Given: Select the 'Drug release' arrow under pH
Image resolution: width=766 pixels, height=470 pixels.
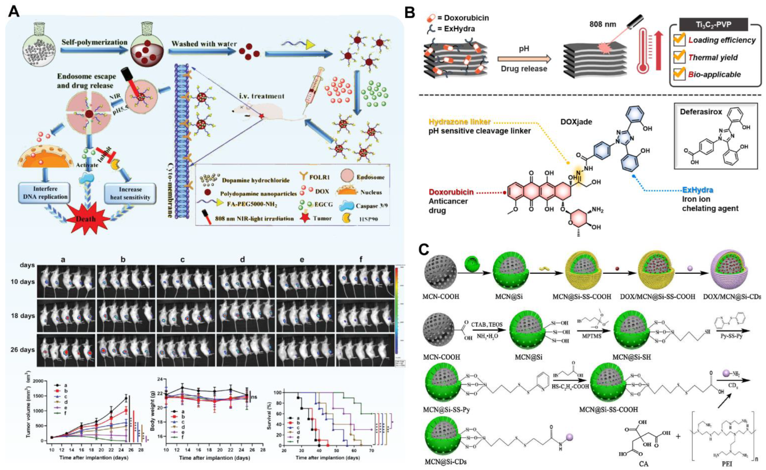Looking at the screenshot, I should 524,59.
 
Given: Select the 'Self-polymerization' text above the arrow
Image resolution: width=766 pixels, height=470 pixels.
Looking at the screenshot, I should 94,42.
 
